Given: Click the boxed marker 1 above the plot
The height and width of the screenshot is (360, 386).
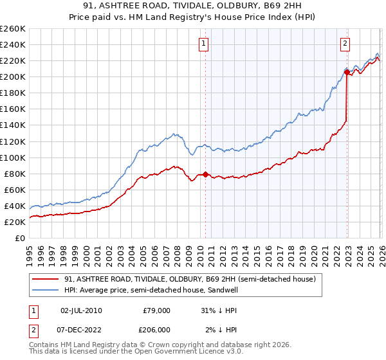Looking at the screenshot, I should click(x=203, y=44).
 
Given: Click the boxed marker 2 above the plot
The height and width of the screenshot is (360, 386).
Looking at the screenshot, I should click(x=345, y=44).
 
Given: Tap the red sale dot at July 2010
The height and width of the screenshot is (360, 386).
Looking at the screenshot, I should click(x=205, y=174).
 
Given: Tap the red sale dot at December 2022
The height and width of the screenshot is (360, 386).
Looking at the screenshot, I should click(x=347, y=72).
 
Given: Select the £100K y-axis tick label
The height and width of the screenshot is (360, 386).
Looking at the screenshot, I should click(x=12, y=157).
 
